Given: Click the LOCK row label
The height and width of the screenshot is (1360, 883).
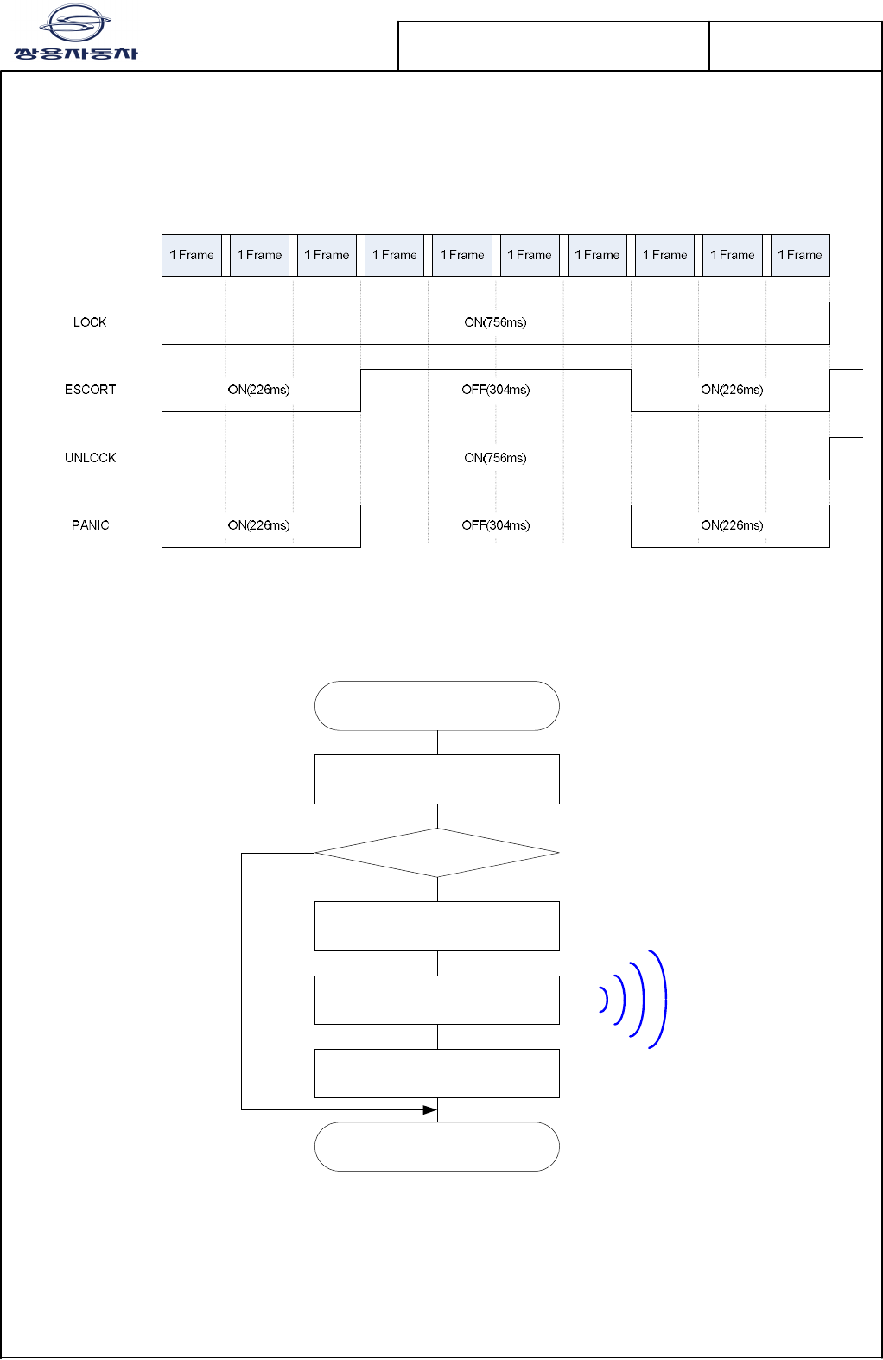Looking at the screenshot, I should point(90,322).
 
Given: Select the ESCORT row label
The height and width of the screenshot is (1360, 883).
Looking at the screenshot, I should point(90,390).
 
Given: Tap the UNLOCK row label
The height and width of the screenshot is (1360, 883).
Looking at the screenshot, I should point(90,458).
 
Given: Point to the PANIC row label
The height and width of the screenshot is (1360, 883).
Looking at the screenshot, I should point(90,525).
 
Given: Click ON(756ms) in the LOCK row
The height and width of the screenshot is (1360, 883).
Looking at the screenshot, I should point(495,322).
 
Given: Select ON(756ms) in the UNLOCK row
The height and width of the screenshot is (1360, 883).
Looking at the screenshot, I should point(495,458).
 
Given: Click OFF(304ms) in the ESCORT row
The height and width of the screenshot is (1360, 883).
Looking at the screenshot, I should point(495,390).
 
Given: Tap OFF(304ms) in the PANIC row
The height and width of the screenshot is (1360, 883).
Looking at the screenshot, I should point(495,525).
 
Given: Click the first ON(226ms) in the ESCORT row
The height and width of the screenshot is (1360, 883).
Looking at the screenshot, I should point(258,390).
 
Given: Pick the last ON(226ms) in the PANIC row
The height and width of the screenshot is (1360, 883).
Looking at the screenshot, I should point(732,525).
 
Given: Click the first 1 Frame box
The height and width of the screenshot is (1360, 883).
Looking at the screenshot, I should point(192,256).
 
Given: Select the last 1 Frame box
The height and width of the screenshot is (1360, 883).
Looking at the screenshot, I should point(800,256).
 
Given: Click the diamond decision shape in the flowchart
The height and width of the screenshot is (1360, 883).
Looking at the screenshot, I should point(437,853).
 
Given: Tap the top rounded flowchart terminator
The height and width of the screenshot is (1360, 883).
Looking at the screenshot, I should point(437,706).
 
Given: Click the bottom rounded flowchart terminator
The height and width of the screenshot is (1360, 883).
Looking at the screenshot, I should point(437,1147).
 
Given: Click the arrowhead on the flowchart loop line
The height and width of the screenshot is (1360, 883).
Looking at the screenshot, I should point(429,1109).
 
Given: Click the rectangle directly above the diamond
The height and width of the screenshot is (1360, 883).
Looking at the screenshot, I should point(437,779).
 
